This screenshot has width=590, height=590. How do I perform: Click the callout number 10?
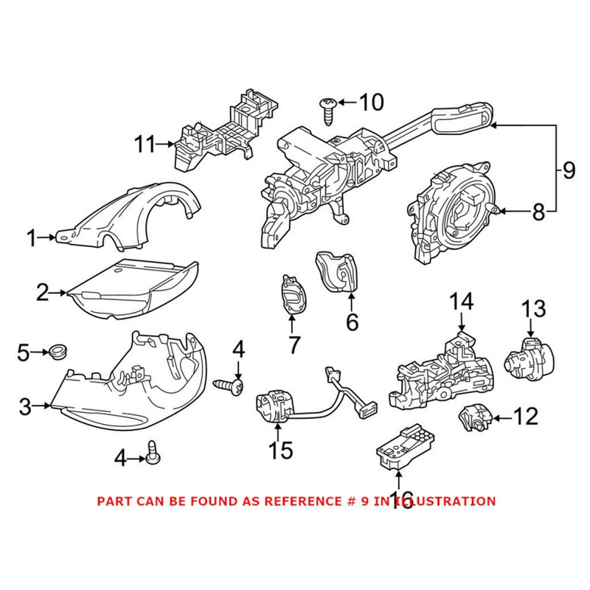coord(371,102)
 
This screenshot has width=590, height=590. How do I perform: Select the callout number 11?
coord(145,145)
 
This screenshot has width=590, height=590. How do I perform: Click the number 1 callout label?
coord(32,238)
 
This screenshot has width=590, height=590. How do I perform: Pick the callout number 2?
coord(43,294)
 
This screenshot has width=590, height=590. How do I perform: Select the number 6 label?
coord(351,322)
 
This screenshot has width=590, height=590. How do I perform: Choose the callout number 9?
coord(567,170)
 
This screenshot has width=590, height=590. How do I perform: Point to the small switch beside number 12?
coord(473,419)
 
